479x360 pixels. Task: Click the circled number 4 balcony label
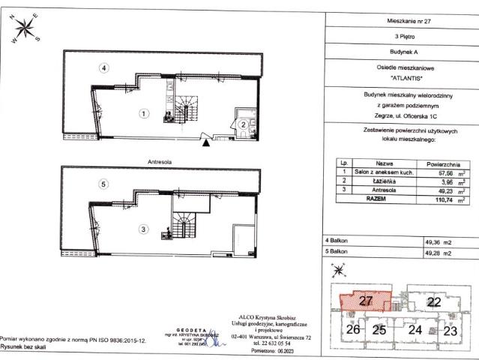pos(106,69)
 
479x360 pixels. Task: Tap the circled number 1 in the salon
pos(144,114)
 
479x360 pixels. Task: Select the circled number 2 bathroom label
pos(245,124)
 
